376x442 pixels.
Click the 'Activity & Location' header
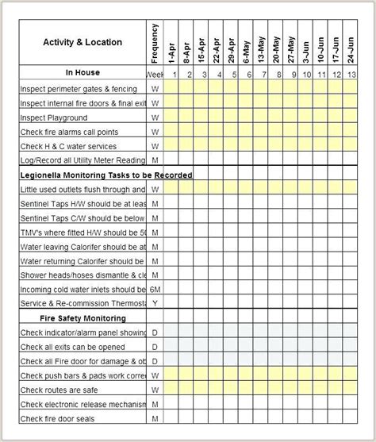[82, 42]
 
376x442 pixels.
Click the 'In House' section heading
[82, 73]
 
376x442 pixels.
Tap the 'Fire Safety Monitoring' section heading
[82, 317]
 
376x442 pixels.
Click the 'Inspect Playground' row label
[55, 117]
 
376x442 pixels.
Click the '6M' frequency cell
[155, 289]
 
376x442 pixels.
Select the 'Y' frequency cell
[155, 303]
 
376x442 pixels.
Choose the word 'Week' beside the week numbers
[155, 75]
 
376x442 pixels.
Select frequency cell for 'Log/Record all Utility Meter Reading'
[155, 160]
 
